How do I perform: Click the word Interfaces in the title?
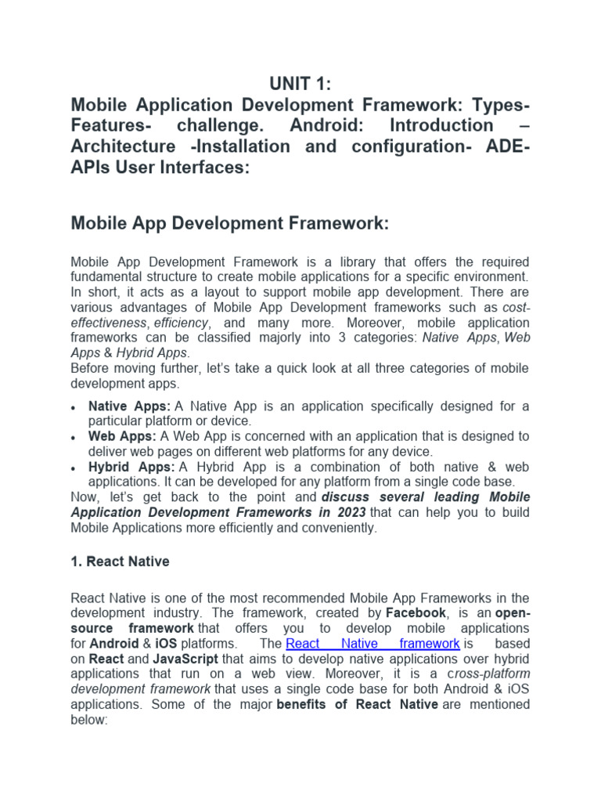coord(206,168)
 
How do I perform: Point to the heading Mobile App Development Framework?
coord(229,223)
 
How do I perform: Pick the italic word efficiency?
coord(181,323)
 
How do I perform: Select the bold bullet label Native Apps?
coord(129,406)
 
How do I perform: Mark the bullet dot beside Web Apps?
coord(73,438)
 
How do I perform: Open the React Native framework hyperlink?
coord(373,644)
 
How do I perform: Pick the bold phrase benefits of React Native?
coord(358,704)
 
